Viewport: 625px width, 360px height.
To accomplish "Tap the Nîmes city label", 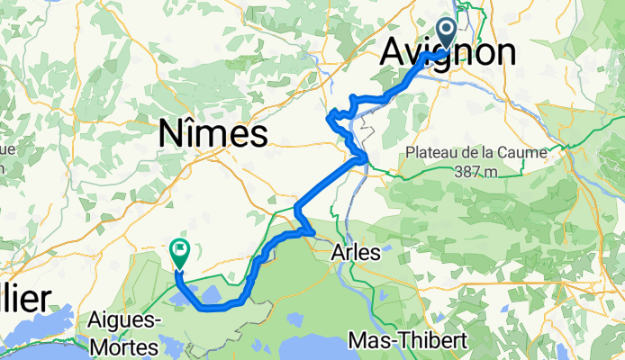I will (x=213, y=134).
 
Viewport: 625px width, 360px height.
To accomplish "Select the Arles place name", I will (x=356, y=254).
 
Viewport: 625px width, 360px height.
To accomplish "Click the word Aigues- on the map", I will (x=125, y=320).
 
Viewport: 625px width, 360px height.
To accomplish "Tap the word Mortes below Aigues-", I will (x=125, y=346).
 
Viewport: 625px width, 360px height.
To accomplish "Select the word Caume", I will (x=524, y=153).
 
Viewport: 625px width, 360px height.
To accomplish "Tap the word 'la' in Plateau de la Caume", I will (x=491, y=153).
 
